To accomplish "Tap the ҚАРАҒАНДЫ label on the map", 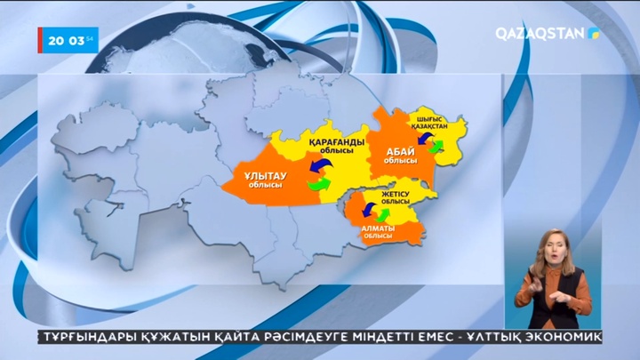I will [x=337, y=147].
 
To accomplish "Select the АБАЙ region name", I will [x=400, y=154].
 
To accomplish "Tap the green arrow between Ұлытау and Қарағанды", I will [x=318, y=185].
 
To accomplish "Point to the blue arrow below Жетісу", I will [x=364, y=211].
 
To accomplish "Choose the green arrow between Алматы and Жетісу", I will [x=383, y=214].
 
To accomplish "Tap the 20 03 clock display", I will [x=68, y=40].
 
